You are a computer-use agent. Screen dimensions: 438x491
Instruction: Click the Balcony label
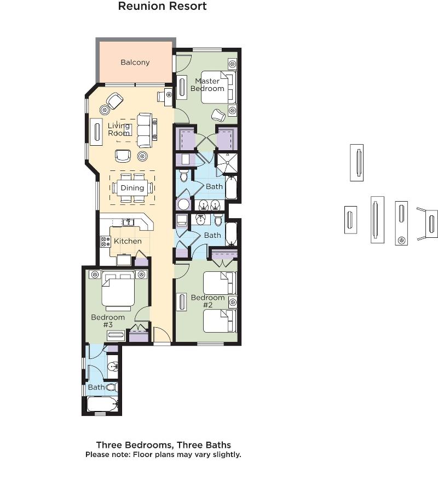135,62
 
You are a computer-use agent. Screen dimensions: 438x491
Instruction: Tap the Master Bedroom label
208,85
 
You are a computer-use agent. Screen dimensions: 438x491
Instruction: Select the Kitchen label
128,241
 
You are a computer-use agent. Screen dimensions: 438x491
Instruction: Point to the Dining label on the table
132,188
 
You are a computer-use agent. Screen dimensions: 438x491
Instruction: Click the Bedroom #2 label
208,301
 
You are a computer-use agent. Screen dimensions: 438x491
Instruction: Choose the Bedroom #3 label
108,321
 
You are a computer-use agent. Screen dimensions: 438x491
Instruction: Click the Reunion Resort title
163,6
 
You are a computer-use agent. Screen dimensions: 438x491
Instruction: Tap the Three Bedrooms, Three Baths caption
164,445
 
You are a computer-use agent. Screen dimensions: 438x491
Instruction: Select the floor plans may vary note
163,455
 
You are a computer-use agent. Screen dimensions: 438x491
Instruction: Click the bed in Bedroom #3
118,290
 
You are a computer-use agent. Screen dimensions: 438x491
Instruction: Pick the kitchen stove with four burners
106,242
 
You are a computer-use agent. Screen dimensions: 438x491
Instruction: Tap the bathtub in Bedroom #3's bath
102,404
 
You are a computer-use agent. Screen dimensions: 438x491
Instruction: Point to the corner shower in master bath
227,163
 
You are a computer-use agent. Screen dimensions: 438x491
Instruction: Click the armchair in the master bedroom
218,115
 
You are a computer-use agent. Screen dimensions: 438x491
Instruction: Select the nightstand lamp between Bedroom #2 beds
233,302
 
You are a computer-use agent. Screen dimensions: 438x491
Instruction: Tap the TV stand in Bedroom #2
181,302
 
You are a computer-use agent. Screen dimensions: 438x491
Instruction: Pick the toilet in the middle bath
218,220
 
